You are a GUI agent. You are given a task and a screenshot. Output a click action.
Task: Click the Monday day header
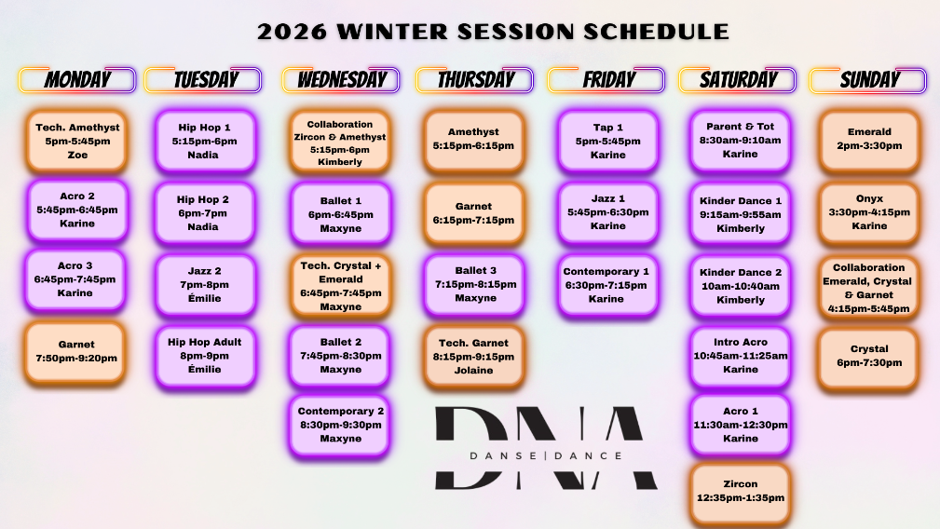pos(77,80)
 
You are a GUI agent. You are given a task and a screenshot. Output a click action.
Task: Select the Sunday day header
pos(868,80)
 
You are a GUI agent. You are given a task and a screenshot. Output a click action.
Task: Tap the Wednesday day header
pos(341,80)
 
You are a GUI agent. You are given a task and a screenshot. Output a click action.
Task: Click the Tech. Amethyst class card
pos(76,142)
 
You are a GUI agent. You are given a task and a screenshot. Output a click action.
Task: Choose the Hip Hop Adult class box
pos(205,356)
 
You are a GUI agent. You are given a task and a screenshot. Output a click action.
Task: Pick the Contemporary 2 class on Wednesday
pos(340,425)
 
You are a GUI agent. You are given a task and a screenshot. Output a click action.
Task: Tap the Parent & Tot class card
pos(740,141)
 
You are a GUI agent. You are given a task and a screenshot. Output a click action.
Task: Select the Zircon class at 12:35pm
pos(740,491)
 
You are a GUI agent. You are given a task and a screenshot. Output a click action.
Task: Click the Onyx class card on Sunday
pos(869,212)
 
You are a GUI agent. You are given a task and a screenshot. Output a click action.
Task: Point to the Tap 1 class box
pos(608,142)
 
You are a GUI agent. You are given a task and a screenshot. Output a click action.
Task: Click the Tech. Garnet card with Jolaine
pos(473,357)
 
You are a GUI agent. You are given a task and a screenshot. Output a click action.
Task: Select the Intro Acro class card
pos(740,356)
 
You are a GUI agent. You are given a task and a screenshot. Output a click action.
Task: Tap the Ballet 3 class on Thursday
pos(475,285)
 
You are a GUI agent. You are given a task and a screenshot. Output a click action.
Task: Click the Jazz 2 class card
pos(205,285)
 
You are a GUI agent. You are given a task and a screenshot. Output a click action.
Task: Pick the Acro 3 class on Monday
pos(75,279)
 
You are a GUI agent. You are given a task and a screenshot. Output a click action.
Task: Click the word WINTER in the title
pos(392,32)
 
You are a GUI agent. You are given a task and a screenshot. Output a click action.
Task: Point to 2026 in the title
pos(292,32)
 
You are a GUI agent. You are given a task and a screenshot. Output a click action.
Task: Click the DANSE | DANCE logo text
pos(546,456)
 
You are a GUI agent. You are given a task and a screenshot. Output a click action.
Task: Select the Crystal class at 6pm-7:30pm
pos(869,357)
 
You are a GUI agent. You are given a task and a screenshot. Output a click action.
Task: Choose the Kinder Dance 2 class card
pos(740,286)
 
